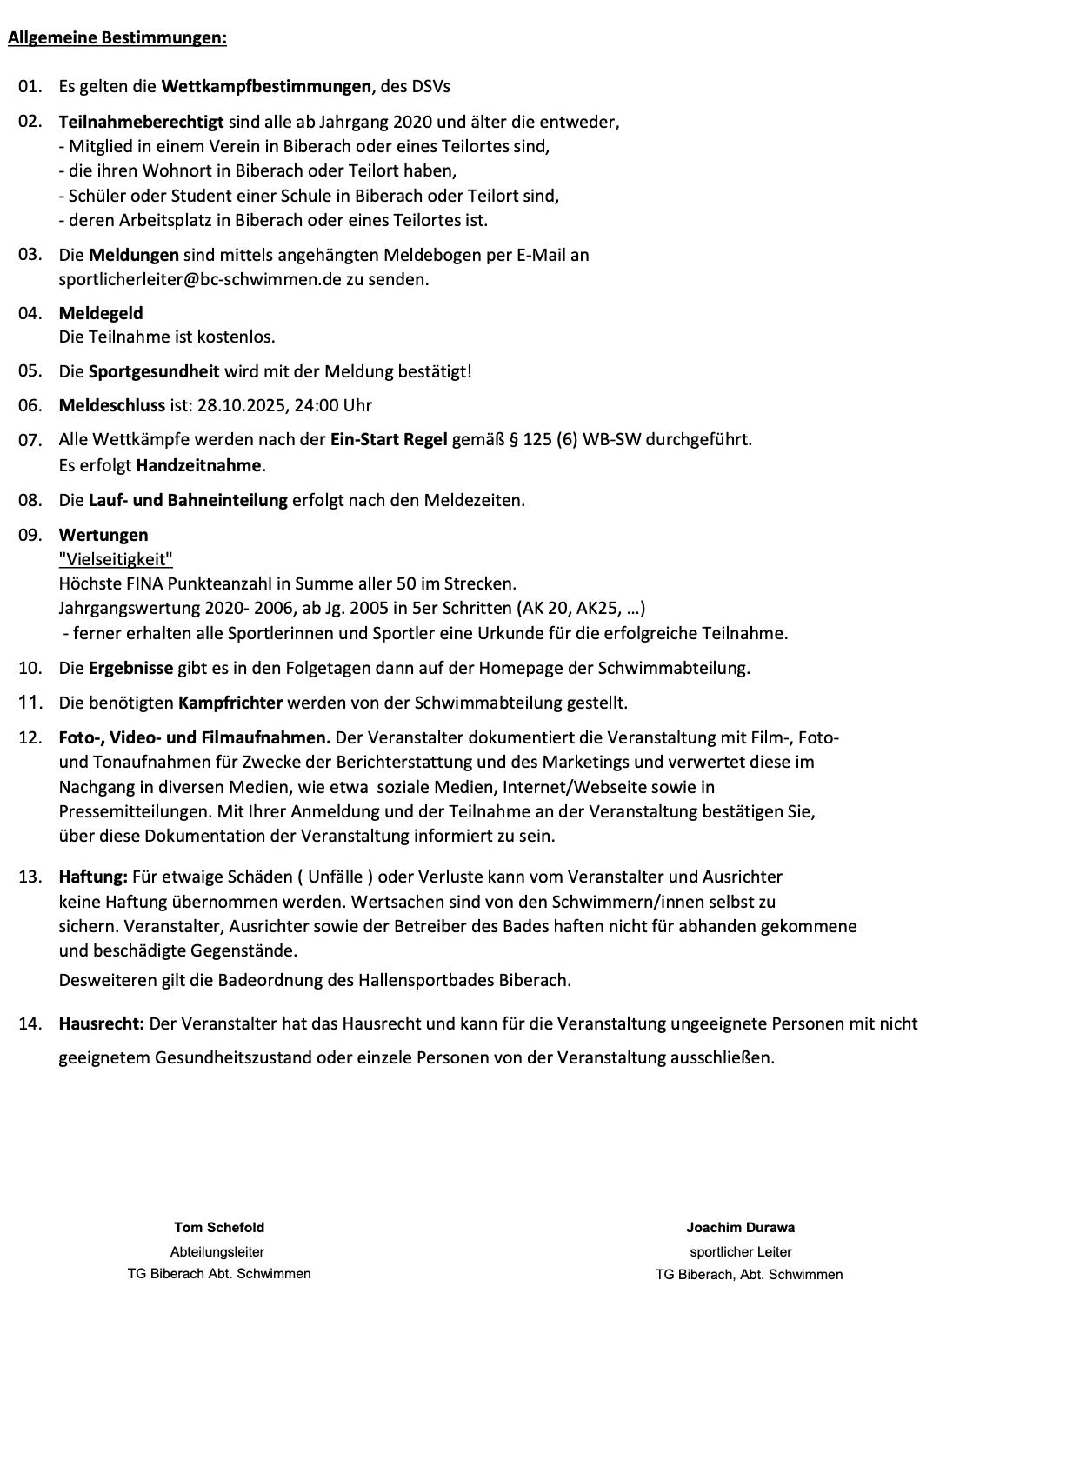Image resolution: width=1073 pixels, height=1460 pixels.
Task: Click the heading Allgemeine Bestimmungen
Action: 117,38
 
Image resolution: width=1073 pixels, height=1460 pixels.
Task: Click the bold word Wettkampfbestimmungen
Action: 267,86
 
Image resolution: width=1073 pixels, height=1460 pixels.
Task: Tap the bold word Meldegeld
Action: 101,313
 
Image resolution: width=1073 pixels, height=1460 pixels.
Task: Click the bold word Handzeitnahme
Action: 198,465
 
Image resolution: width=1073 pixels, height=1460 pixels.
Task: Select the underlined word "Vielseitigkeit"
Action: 116,559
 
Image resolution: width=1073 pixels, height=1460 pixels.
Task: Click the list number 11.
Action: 30,702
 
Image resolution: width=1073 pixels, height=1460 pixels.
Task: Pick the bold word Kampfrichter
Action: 230,703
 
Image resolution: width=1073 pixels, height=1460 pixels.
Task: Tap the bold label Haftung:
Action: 93,877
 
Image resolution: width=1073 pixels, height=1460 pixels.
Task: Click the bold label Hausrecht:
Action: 101,1023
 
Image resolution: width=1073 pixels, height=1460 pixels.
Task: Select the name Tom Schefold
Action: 219,1228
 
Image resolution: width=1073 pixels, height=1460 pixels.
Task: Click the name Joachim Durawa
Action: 740,1228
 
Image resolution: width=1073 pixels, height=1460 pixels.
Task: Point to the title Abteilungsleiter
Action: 217,1252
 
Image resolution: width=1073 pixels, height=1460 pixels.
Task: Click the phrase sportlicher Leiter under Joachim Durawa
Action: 741,1252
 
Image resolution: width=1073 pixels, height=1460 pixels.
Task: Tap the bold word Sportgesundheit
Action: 154,371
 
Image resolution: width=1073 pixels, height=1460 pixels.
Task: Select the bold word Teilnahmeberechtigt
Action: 141,122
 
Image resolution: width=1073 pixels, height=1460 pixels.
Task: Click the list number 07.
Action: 30,440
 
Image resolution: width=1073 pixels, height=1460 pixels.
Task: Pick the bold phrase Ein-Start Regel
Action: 389,439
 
